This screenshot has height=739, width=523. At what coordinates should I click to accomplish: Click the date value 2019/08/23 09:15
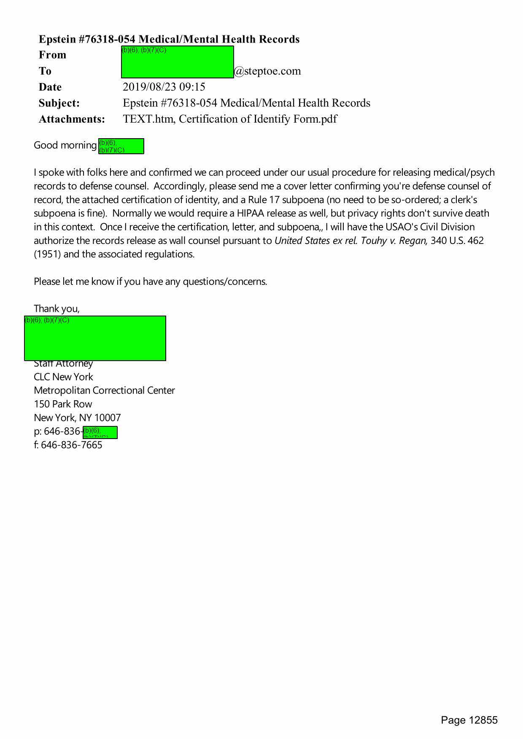click(164, 87)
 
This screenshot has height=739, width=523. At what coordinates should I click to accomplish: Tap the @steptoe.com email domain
click(267, 71)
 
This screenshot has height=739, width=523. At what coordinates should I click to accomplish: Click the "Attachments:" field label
click(72, 119)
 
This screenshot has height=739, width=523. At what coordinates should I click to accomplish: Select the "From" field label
click(52, 55)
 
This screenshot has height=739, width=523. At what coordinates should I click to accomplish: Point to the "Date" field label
click(50, 87)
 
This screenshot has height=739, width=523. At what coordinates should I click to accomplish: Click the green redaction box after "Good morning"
click(121, 146)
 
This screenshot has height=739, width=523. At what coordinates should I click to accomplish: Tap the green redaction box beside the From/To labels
click(177, 62)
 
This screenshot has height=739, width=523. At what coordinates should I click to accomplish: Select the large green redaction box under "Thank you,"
click(95, 338)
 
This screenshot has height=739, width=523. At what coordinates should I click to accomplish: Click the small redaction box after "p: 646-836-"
click(100, 433)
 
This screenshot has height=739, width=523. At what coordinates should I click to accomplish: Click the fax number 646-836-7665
click(71, 445)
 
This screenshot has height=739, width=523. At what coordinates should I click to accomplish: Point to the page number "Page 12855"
click(469, 720)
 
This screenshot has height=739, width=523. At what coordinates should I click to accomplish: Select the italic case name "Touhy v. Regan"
click(394, 241)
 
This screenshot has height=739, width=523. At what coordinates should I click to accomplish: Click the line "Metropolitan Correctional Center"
click(104, 391)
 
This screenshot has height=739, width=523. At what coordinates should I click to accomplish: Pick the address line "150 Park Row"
click(63, 404)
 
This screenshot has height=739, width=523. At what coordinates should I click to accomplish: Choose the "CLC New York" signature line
click(63, 377)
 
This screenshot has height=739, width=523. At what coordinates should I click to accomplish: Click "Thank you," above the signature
click(57, 309)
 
